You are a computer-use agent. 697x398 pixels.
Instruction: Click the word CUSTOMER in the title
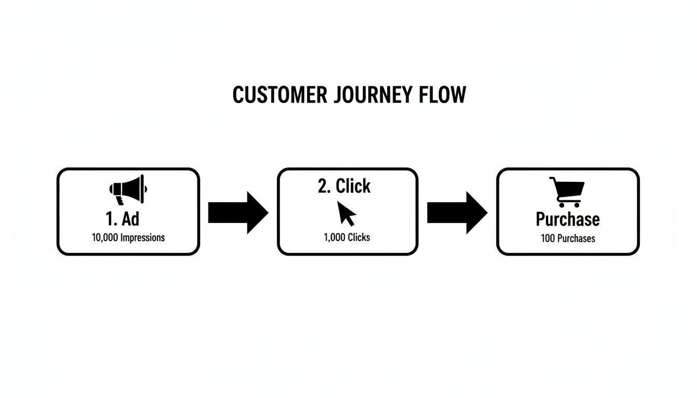point(280,95)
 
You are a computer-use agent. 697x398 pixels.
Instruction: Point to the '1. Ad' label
point(122,219)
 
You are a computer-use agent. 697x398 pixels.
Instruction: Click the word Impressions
point(143,238)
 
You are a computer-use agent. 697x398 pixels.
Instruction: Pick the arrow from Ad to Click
point(238,212)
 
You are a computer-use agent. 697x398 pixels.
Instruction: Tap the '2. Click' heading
point(344,186)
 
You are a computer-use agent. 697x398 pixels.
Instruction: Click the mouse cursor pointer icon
point(346,213)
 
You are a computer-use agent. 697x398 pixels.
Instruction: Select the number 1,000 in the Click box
point(334,237)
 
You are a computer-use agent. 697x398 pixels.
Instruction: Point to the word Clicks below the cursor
point(359,237)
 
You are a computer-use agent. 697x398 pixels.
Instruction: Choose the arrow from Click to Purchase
point(457,212)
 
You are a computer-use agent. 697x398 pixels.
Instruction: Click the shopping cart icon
point(567,192)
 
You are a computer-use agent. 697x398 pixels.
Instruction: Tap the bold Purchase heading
point(567,219)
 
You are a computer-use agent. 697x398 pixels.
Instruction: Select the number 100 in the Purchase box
point(548,238)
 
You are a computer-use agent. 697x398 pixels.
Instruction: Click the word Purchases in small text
point(576,238)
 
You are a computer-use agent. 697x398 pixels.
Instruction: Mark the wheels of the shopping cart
point(569,205)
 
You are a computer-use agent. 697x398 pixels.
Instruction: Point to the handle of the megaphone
point(119,201)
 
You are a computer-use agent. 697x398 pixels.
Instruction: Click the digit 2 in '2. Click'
point(323,186)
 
